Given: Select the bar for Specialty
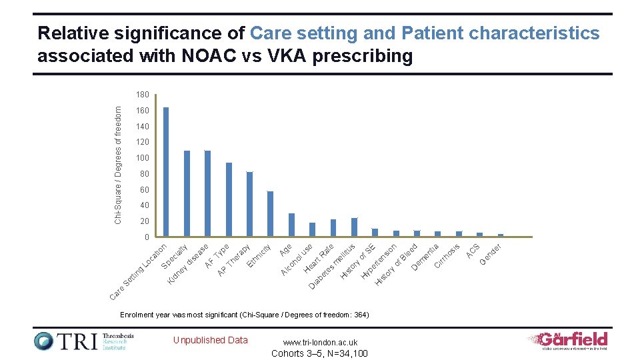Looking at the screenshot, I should pos(187,193).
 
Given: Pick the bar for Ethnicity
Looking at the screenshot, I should pos(270,214).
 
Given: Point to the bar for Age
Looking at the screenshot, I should pos(291,225).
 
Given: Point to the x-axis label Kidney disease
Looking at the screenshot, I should pos(189,265).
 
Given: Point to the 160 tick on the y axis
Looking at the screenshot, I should pos(143,111).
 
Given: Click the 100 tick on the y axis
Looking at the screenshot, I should pos(143,158).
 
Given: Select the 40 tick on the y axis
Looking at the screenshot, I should pos(145,205).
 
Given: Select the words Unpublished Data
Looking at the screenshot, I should pos(210,340).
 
